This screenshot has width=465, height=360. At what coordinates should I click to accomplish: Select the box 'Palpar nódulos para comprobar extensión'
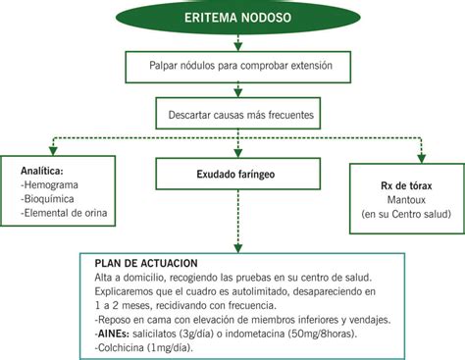(x=235, y=67)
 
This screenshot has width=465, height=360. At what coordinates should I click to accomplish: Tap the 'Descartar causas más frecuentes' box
(x=235, y=115)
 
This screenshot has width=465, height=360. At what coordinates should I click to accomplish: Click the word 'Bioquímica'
(x=51, y=198)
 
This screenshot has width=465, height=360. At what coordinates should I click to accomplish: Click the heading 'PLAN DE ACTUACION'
(x=146, y=264)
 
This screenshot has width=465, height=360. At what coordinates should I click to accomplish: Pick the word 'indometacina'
(x=239, y=332)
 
